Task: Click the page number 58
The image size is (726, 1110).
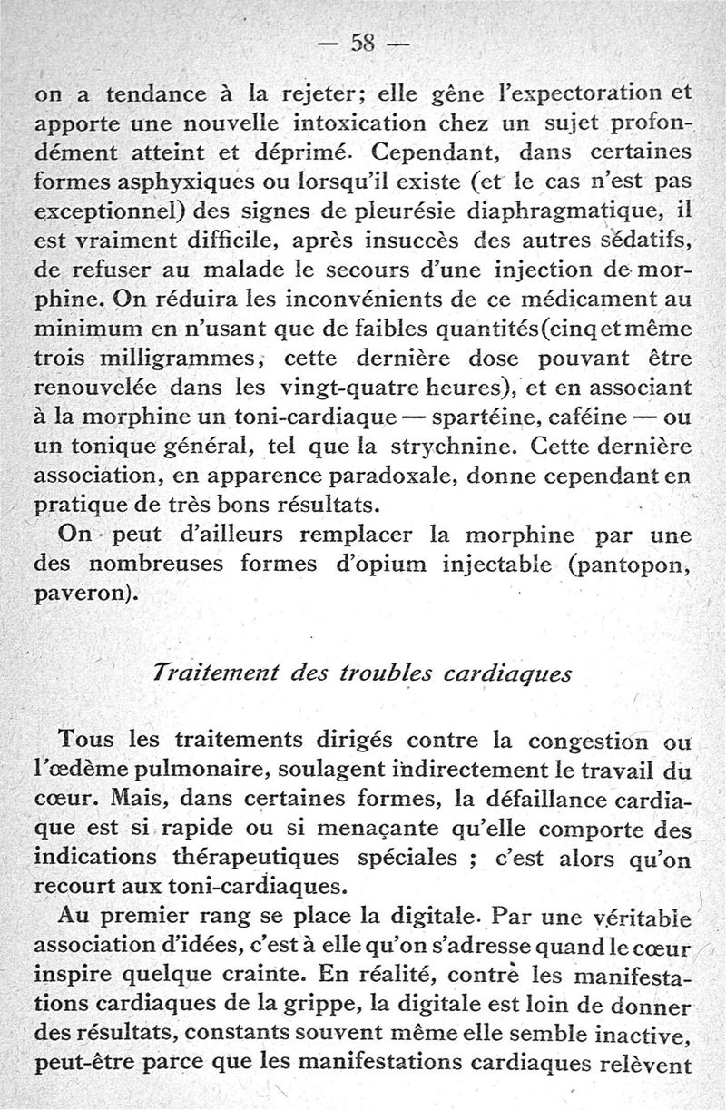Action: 363,43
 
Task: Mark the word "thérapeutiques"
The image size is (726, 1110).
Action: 221,856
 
